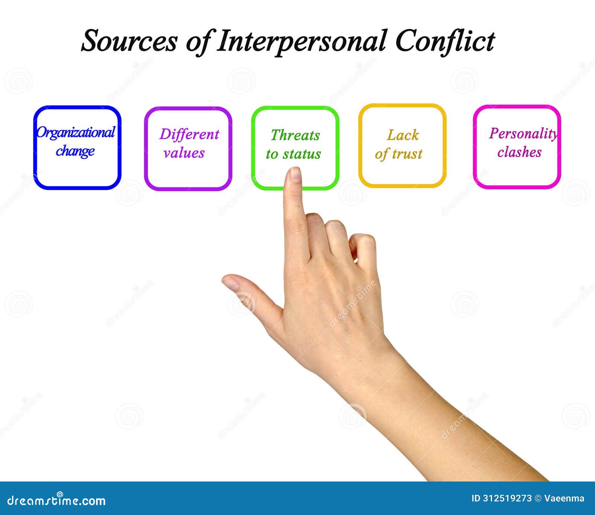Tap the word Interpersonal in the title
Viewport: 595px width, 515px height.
[x=301, y=41]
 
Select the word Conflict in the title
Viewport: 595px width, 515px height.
[x=445, y=41]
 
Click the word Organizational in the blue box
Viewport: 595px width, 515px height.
[x=76, y=132]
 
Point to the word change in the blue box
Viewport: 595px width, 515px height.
[x=75, y=151]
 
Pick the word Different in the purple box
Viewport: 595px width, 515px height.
[x=189, y=134]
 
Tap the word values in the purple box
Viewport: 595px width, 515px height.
[x=184, y=153]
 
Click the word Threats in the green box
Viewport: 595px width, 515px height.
[x=295, y=135]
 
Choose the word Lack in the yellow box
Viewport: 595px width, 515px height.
[x=403, y=135]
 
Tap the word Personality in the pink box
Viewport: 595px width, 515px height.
[x=523, y=134]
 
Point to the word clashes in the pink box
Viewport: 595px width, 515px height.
[x=520, y=152]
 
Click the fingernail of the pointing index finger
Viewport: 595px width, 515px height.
[x=296, y=175]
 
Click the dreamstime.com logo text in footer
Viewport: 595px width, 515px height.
[x=56, y=500]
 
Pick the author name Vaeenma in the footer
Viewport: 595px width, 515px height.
[x=564, y=499]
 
